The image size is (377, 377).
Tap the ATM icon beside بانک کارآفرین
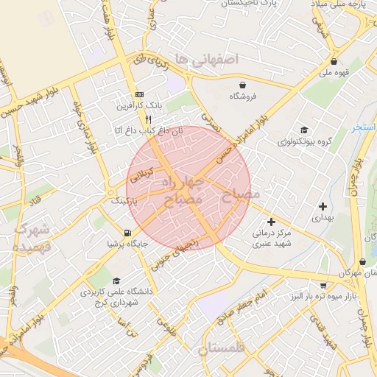(138, 95)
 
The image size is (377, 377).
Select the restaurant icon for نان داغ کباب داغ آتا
(148, 119)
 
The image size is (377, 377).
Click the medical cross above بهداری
(323, 207)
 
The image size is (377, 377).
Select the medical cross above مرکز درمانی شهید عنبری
(271, 222)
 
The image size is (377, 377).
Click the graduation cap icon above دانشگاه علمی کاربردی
(116, 281)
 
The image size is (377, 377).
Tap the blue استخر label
(364, 127)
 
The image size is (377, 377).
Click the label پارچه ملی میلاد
(342, 5)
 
